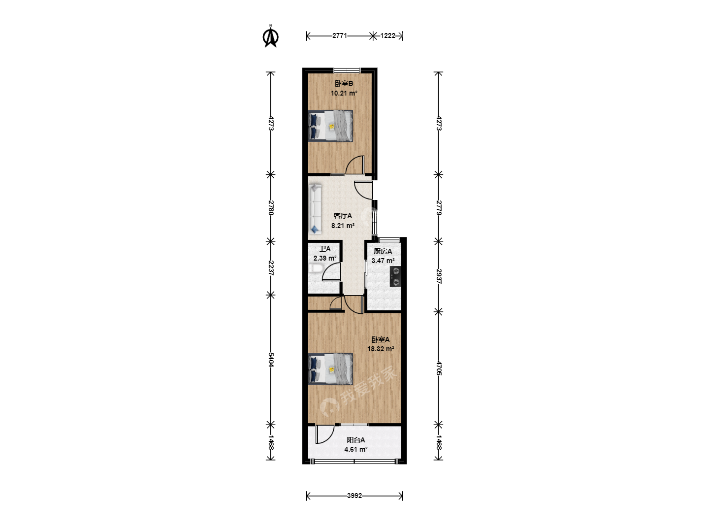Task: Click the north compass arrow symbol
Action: tap(271, 36)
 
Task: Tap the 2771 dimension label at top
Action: tap(339, 36)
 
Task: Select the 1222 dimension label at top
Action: tap(387, 36)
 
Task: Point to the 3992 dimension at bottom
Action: tap(354, 496)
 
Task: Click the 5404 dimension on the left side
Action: tap(271, 360)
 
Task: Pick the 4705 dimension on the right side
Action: tap(438, 368)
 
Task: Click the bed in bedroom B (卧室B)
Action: tap(330, 126)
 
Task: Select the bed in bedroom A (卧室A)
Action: tap(330, 369)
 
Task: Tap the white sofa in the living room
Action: tap(315, 209)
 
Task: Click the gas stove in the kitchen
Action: tap(395, 276)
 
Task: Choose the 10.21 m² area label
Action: tap(344, 94)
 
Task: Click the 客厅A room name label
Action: tap(343, 216)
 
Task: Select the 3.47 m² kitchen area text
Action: tap(383, 261)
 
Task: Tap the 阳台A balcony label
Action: tap(355, 440)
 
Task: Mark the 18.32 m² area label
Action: tap(381, 349)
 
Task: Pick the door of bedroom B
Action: tap(355, 165)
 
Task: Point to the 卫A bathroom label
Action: tap(325, 249)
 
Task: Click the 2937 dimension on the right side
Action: tap(438, 276)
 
